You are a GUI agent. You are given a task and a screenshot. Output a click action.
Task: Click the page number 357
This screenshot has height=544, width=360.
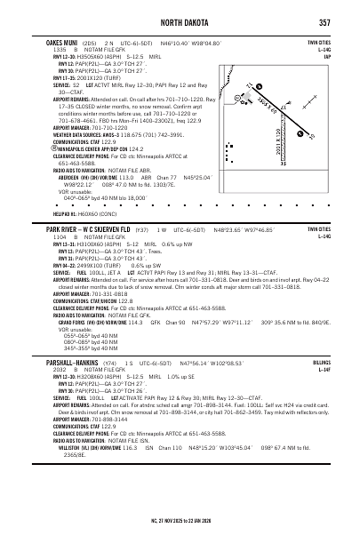(324, 22)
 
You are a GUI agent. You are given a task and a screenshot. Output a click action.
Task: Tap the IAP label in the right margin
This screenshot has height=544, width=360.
(326, 55)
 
